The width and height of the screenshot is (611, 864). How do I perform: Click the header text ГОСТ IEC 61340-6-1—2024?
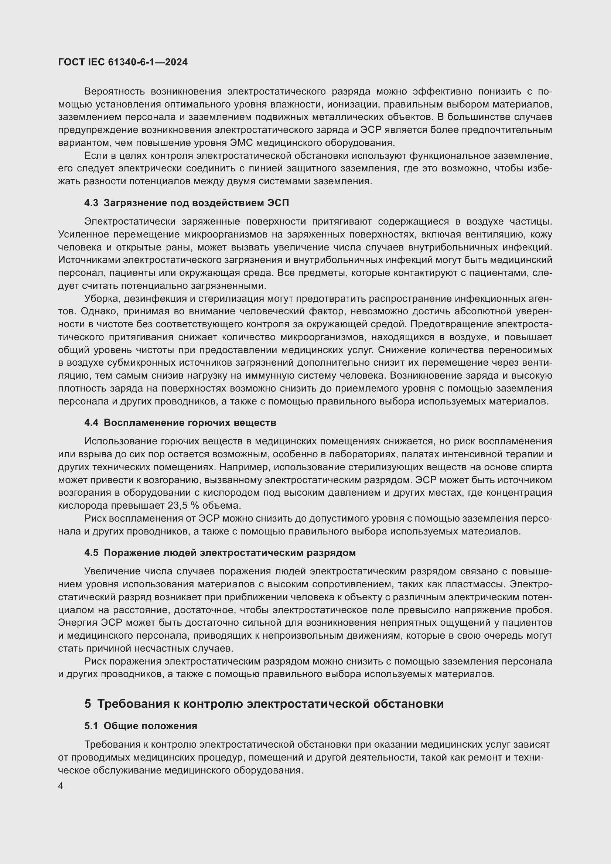[x=123, y=62]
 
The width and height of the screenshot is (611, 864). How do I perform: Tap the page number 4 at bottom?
[x=61, y=786]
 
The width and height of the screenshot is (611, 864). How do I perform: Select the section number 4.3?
[x=91, y=203]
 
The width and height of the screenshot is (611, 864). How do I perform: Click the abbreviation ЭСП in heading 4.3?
[x=278, y=203]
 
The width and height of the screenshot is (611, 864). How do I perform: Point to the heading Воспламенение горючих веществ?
[x=190, y=423]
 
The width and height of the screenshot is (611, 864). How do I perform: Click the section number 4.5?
[x=91, y=553]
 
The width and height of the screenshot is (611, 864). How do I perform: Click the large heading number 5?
[x=88, y=704]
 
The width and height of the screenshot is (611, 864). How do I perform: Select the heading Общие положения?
[x=150, y=726]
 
